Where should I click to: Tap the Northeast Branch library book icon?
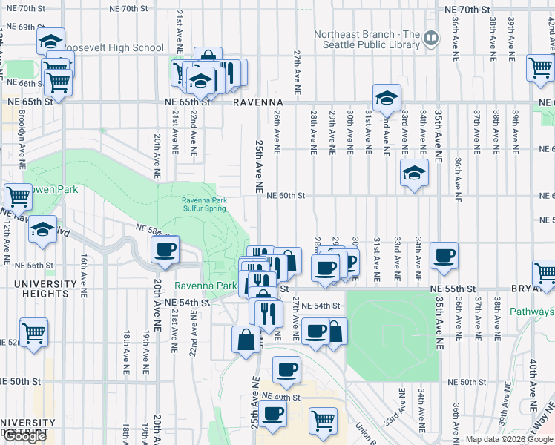[431, 35]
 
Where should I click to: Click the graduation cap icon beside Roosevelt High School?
[50, 41]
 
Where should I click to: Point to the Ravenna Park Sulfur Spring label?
[204, 204]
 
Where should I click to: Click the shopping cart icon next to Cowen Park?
[17, 197]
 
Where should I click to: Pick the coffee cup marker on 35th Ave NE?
[444, 255]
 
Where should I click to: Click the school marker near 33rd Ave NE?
[414, 173]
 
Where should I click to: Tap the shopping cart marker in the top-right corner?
[539, 68]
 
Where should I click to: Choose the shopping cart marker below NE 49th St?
[323, 421]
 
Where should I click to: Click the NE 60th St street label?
[282, 196]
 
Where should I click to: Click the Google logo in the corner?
[24, 436]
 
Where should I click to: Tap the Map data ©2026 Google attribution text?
[508, 439]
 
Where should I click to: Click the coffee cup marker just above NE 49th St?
[286, 368]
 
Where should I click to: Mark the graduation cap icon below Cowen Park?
[43, 229]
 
